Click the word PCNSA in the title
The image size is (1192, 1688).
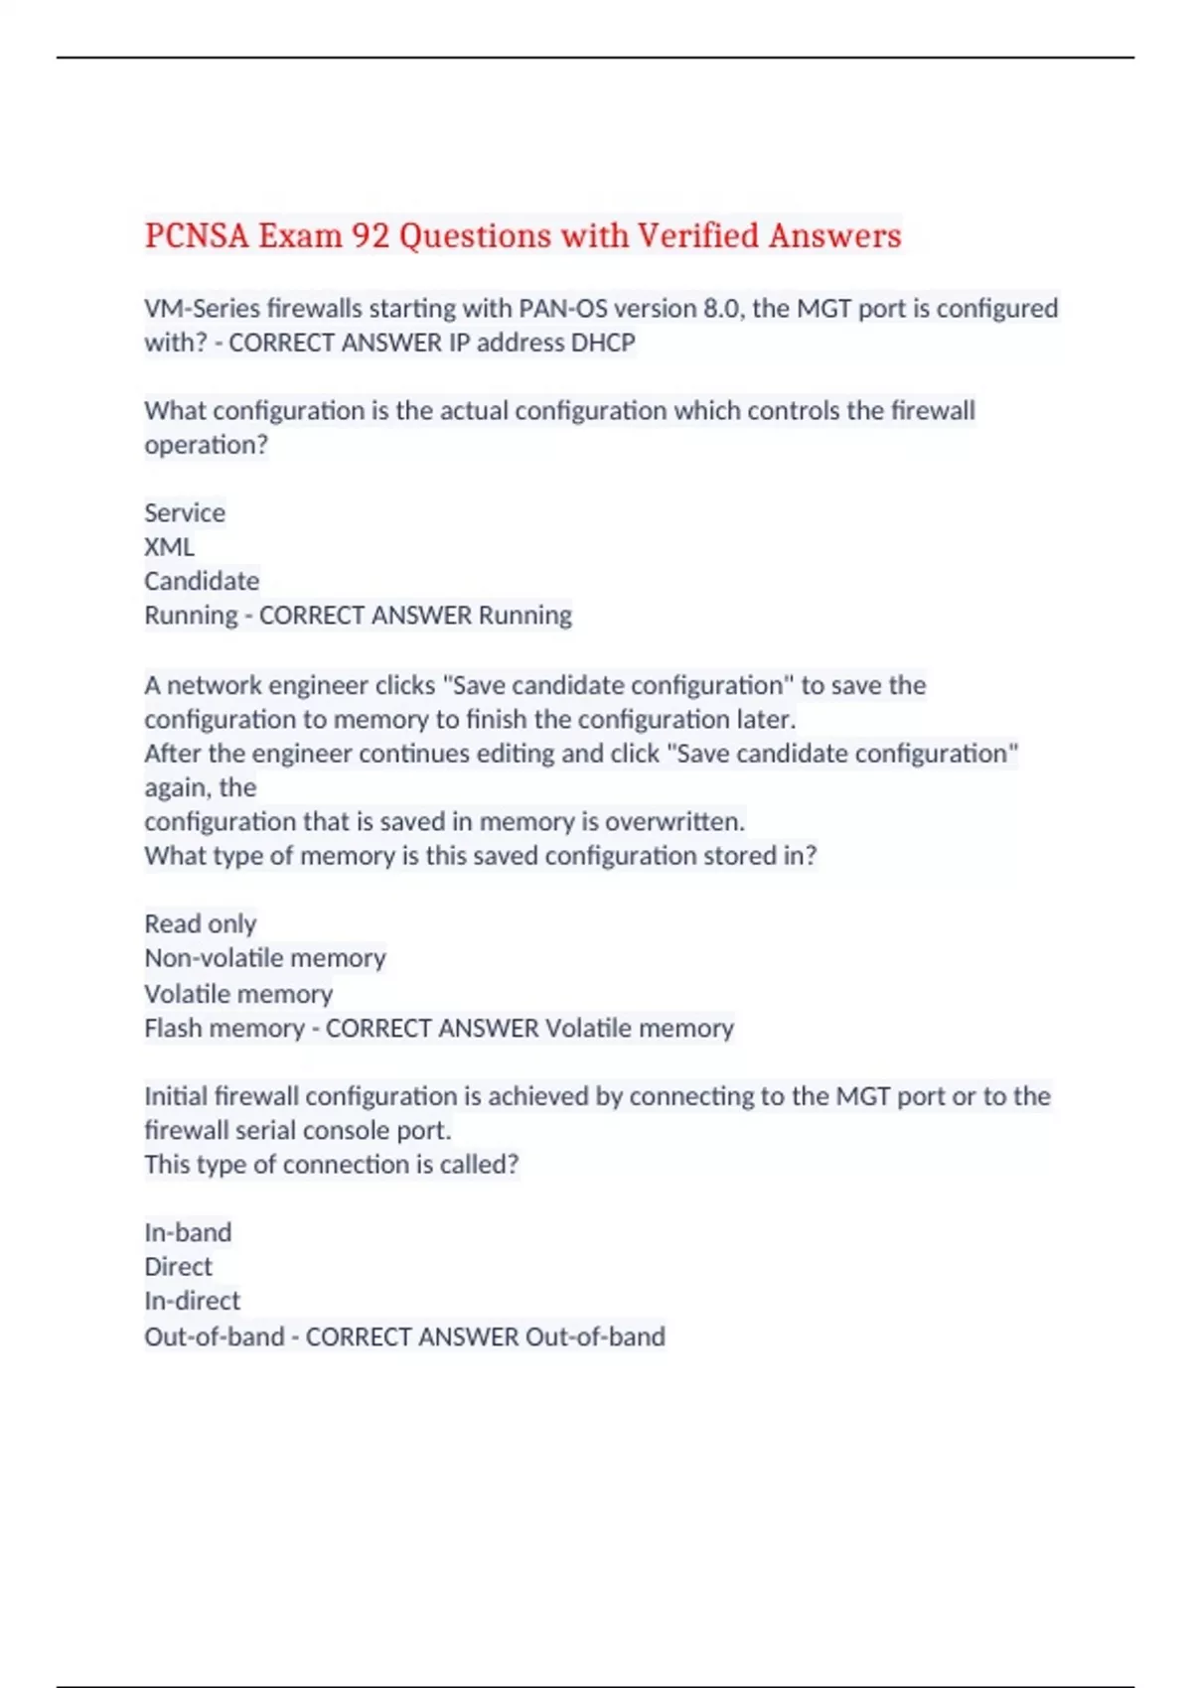pyautogui.click(x=196, y=236)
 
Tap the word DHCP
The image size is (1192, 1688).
pyautogui.click(x=603, y=343)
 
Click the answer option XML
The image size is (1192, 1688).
pyautogui.click(x=169, y=547)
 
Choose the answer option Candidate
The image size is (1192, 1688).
pyautogui.click(x=202, y=581)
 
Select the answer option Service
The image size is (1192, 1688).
pyautogui.click(x=185, y=513)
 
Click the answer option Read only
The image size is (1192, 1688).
pyautogui.click(x=200, y=924)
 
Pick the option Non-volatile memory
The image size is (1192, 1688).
pyautogui.click(x=264, y=958)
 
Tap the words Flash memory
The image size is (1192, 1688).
pyautogui.click(x=223, y=1029)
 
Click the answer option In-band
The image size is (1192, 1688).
pyautogui.click(x=188, y=1233)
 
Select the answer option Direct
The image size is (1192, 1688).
pyautogui.click(x=178, y=1267)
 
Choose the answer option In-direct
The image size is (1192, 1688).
pyautogui.click(x=192, y=1301)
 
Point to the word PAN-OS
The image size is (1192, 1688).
pyautogui.click(x=562, y=309)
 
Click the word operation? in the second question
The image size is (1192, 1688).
pyautogui.click(x=206, y=445)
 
